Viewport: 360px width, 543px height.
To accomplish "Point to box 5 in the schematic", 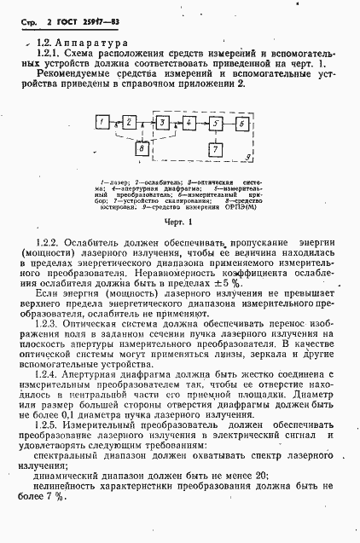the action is pyautogui.click(x=217, y=124).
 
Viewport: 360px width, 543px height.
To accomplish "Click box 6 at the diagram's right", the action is pyautogui.click(x=244, y=124).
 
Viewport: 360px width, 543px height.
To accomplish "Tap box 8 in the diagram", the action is pyautogui.click(x=142, y=149).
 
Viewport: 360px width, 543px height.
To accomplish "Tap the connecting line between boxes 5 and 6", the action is pyautogui.click(x=230, y=124).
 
